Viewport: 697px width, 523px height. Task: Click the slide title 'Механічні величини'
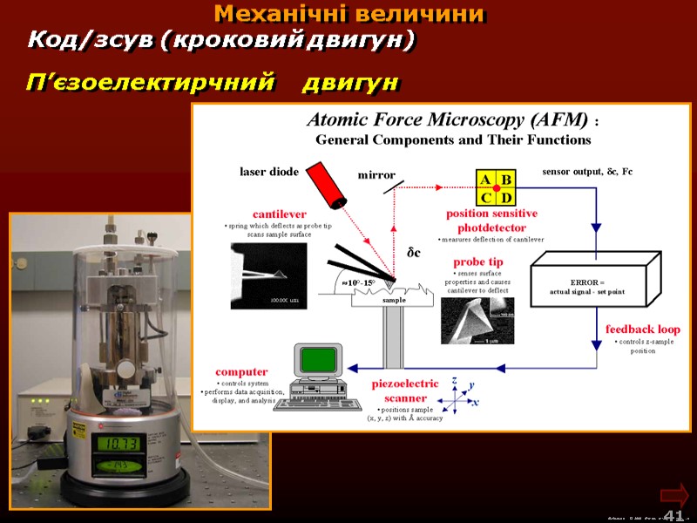coord(349,14)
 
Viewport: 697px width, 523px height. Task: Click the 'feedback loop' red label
coord(643,329)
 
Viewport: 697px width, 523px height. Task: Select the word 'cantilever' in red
coord(280,214)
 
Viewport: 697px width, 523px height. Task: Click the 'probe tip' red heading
coord(478,261)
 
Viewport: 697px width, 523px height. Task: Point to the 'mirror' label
coord(376,175)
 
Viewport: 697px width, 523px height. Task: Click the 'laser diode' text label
coord(269,172)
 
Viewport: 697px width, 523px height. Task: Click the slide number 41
coord(673,515)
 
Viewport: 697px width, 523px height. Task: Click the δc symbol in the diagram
coord(414,253)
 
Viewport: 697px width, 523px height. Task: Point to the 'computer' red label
coord(241,371)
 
